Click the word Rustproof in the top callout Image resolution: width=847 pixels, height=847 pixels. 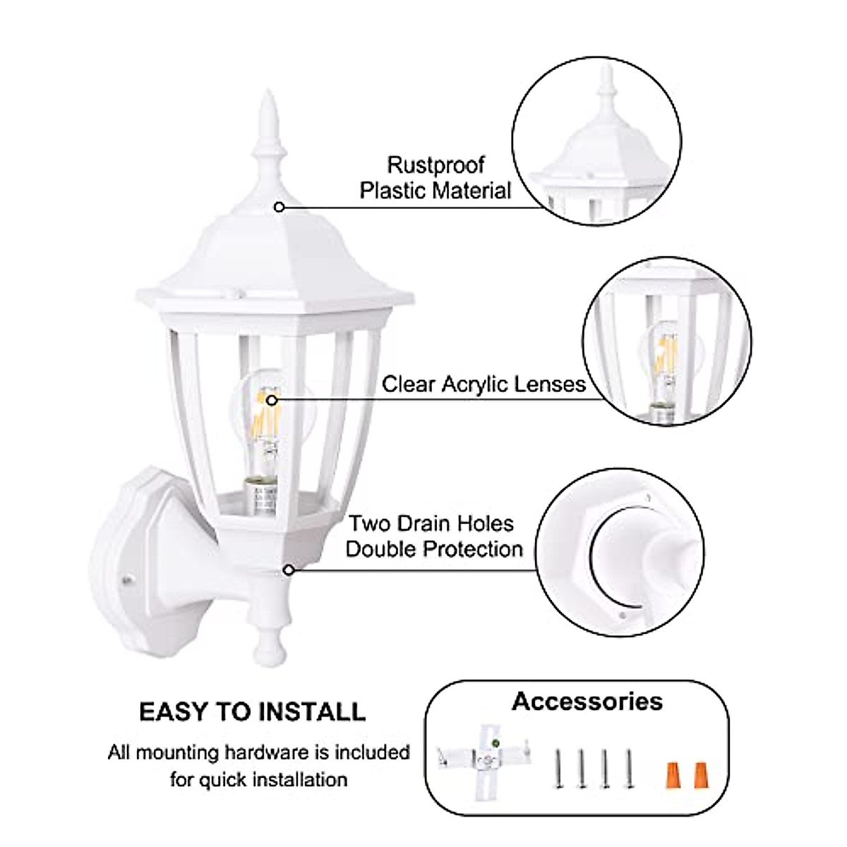point(435,165)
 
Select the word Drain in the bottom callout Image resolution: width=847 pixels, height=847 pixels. point(431,524)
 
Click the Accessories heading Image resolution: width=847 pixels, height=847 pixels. point(587,701)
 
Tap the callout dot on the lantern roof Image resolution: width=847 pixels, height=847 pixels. point(280,207)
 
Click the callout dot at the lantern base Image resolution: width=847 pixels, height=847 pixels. point(288,570)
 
